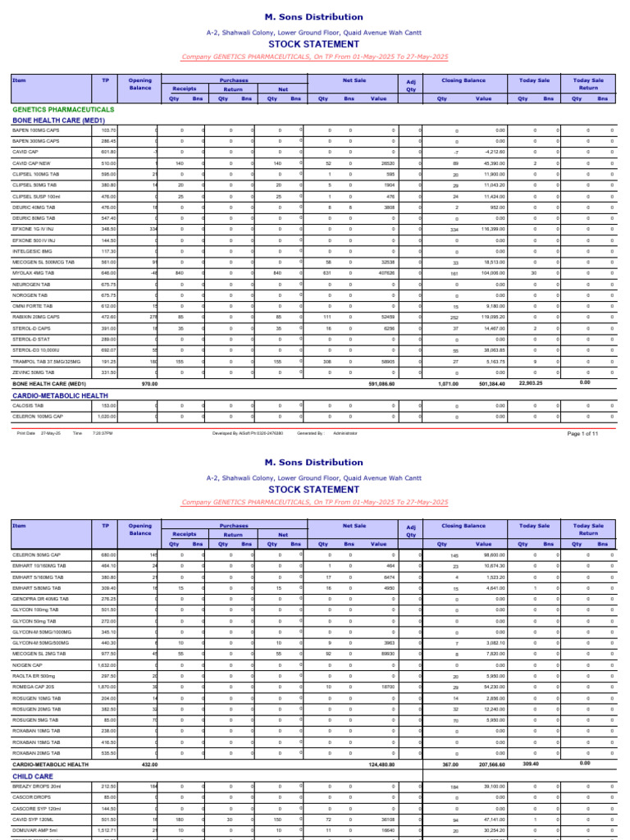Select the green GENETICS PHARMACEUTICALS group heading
[x=64, y=109]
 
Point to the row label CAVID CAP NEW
[x=34, y=163]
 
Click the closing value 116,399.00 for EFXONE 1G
[x=491, y=229]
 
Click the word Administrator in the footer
[x=345, y=433]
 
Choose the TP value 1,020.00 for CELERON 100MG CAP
[x=107, y=416]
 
